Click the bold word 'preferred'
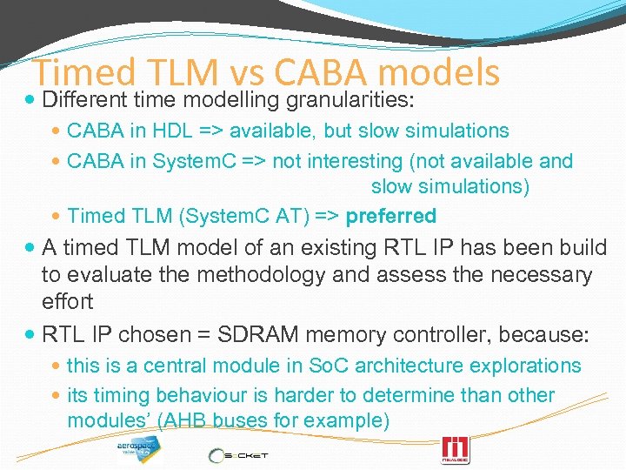[391, 215]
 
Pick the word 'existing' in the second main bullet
[316, 248]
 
